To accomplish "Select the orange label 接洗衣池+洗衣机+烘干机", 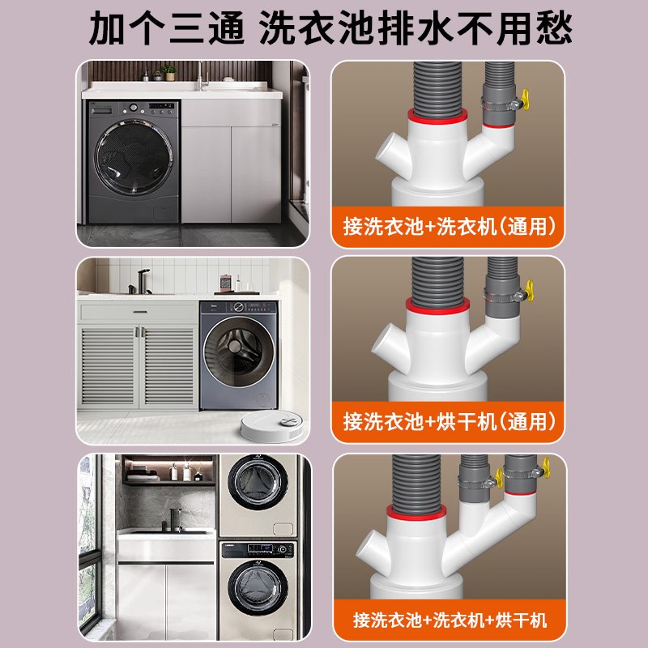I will (x=447, y=620).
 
